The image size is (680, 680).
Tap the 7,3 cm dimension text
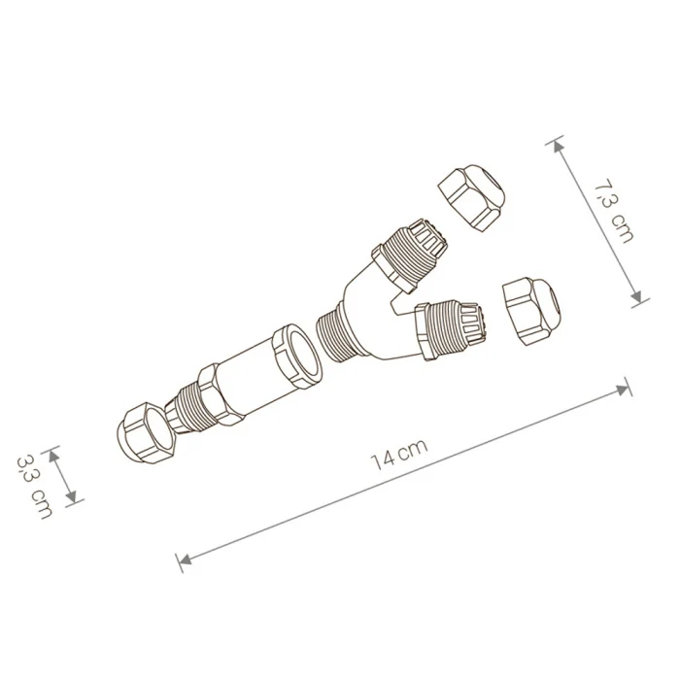(x=613, y=210)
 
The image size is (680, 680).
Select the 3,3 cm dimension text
(x=35, y=486)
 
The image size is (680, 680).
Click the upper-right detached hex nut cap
(x=472, y=197)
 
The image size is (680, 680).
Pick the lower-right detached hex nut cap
(x=531, y=312)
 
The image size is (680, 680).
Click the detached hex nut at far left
(x=146, y=433)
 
